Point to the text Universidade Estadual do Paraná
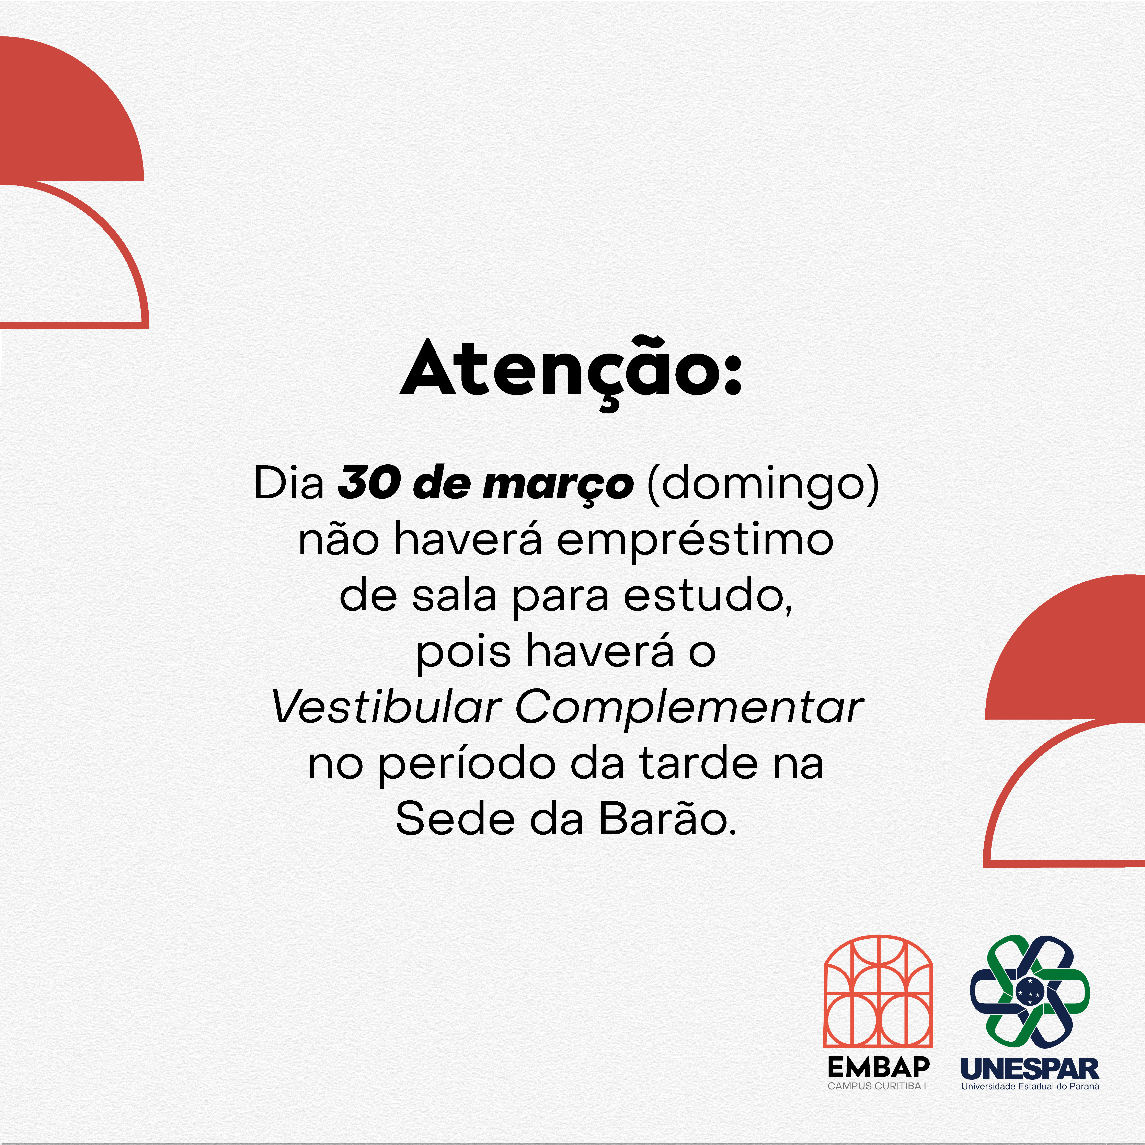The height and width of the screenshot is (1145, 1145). coord(1030,1086)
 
